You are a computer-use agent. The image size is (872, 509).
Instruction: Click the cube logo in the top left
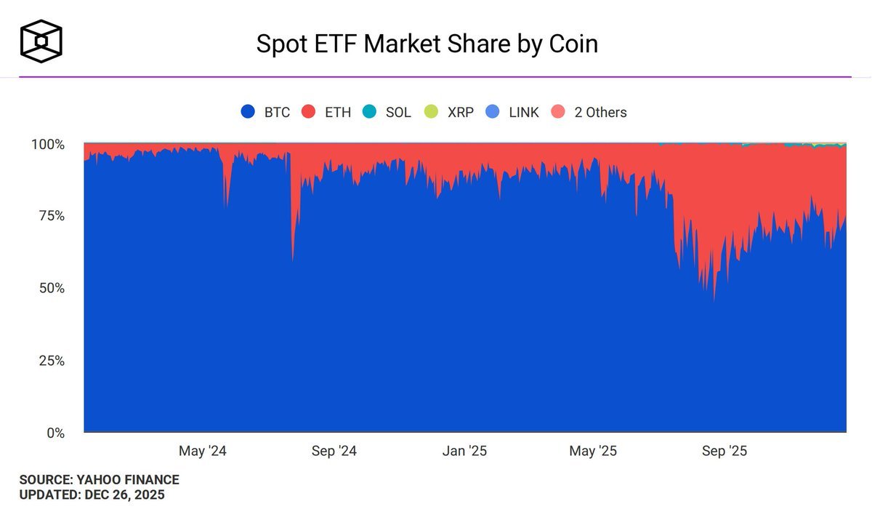click(41, 40)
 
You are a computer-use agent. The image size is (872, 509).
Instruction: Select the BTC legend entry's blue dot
click(248, 112)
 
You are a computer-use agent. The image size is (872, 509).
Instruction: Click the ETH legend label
click(338, 112)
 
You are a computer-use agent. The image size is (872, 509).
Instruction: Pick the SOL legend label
click(398, 112)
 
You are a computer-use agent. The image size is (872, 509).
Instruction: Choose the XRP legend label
click(461, 112)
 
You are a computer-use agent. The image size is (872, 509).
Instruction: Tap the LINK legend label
click(523, 112)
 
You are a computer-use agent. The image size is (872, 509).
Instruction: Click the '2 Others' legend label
click(600, 112)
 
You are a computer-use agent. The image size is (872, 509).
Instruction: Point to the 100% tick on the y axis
click(48, 145)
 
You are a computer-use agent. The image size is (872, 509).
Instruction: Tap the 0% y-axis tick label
click(54, 433)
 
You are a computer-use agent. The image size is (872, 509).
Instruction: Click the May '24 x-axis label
click(203, 452)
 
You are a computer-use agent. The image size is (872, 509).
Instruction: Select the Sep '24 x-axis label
click(334, 452)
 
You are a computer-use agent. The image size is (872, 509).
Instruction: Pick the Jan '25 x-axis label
click(464, 452)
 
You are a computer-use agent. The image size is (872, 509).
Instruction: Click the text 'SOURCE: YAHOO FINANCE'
click(99, 480)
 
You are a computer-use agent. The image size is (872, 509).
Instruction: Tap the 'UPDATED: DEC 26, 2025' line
click(92, 495)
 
